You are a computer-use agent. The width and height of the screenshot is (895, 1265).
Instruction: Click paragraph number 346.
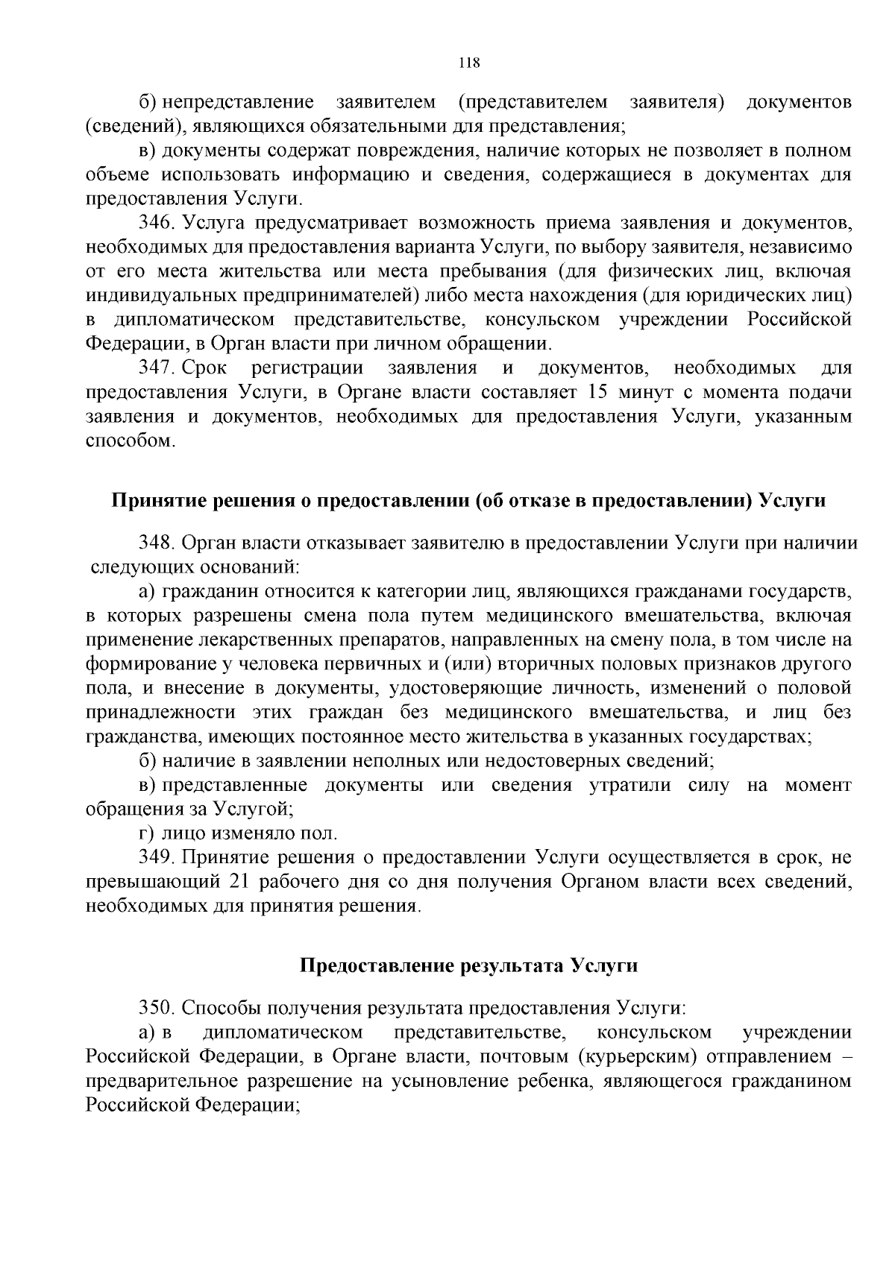pos(155,223)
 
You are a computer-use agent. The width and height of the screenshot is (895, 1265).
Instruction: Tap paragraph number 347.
pos(155,368)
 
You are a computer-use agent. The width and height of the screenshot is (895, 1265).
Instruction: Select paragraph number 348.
pos(155,543)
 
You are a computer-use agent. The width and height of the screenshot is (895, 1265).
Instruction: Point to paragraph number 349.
pos(155,858)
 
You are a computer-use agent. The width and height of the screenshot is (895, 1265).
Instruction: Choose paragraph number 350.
pos(155,1008)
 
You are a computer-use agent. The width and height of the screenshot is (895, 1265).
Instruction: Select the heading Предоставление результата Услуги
pos(468,965)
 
